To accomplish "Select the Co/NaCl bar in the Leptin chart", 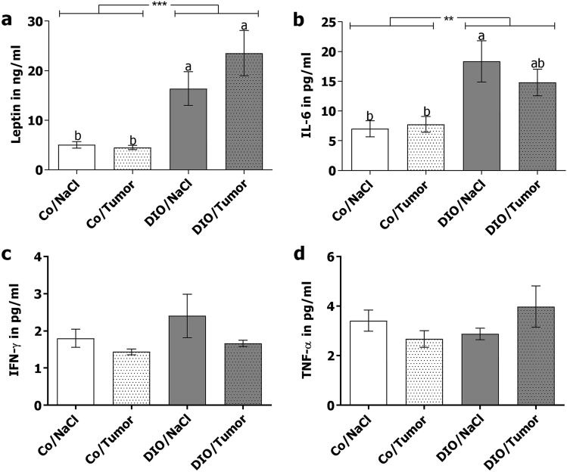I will coord(76,157).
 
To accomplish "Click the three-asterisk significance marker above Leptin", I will coord(158,6).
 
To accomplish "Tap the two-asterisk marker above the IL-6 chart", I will coord(448,20).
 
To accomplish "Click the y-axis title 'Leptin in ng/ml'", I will coord(14,95).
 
